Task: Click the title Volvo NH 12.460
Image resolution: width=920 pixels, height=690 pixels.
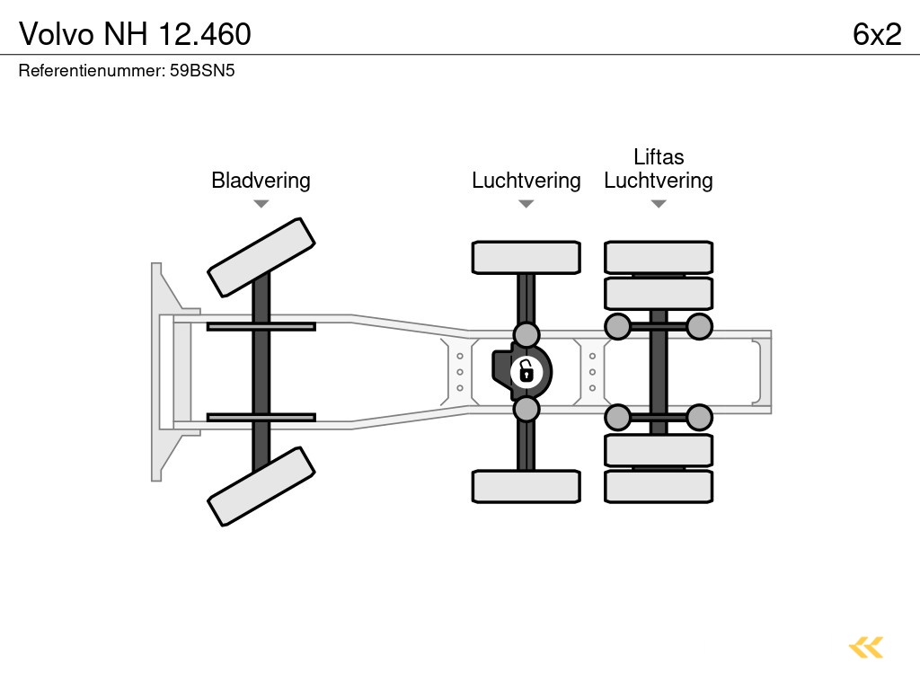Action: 135,34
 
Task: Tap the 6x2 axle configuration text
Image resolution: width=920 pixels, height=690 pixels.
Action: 877,34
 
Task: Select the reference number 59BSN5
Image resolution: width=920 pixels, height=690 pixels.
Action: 202,70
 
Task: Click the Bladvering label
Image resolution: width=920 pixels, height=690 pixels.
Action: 261,181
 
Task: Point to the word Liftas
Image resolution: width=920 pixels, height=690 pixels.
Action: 659,157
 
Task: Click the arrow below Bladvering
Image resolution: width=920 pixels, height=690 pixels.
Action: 261,204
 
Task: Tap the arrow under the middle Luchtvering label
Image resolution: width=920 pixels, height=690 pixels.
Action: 526,204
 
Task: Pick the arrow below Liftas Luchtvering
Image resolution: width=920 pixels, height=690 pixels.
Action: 659,204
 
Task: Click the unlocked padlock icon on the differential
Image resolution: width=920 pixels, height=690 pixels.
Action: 526,371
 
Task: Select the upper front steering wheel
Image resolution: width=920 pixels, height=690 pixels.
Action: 261,257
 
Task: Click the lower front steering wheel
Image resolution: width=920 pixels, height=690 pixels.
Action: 261,486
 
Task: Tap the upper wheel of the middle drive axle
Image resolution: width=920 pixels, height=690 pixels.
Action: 526,257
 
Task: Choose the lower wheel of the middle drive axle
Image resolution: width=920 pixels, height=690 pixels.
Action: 526,486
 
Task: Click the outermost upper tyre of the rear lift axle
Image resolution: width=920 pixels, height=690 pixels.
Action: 659,257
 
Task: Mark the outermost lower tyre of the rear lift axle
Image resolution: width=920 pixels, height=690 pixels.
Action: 659,486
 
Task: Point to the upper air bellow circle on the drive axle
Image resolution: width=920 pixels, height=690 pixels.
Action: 526,334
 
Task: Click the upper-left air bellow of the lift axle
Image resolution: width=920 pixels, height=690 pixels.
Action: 617,326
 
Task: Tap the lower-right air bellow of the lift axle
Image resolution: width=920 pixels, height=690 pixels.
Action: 699,417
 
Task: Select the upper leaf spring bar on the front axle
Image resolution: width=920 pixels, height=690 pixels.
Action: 261,326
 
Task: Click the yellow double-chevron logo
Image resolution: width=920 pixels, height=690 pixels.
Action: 866,648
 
